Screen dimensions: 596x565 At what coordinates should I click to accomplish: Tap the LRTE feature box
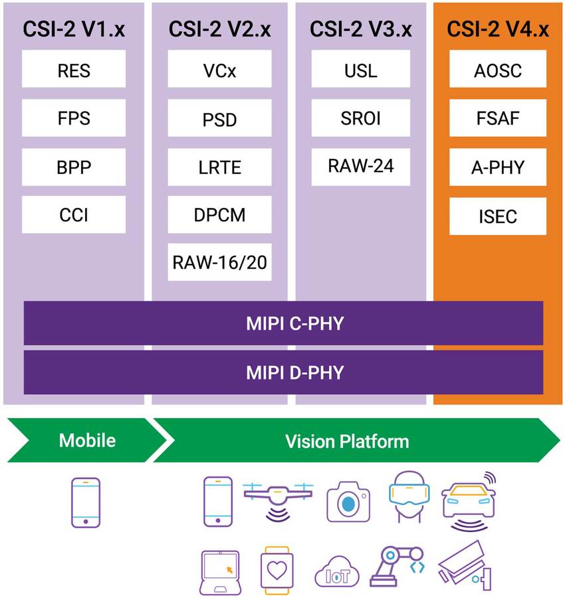219,167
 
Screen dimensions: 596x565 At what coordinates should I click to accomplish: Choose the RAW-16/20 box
219,262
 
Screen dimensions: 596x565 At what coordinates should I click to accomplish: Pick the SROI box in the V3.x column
361,119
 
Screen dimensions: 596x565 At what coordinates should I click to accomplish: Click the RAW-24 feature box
361,167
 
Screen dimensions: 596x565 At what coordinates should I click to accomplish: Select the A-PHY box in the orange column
498,167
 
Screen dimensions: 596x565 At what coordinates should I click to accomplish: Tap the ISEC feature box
498,216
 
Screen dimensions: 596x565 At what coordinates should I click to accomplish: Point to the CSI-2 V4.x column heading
498,29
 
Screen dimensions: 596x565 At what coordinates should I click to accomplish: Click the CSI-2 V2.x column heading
219,29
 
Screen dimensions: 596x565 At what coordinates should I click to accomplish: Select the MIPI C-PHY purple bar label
283,324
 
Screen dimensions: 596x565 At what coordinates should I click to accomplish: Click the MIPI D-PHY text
283,372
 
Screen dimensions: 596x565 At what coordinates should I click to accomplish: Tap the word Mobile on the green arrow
87,441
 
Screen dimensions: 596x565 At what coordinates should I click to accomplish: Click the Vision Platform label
347,441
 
